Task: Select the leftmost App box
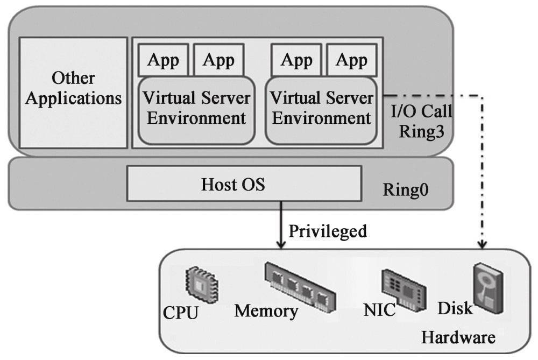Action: [x=163, y=60]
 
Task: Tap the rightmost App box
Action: [x=351, y=60]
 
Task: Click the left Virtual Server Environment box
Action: [x=196, y=109]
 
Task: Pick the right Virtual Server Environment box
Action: [x=321, y=109]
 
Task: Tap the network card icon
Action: [x=403, y=286]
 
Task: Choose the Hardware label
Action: [x=458, y=337]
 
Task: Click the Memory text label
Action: [x=266, y=311]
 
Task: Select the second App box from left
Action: [x=218, y=60]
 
